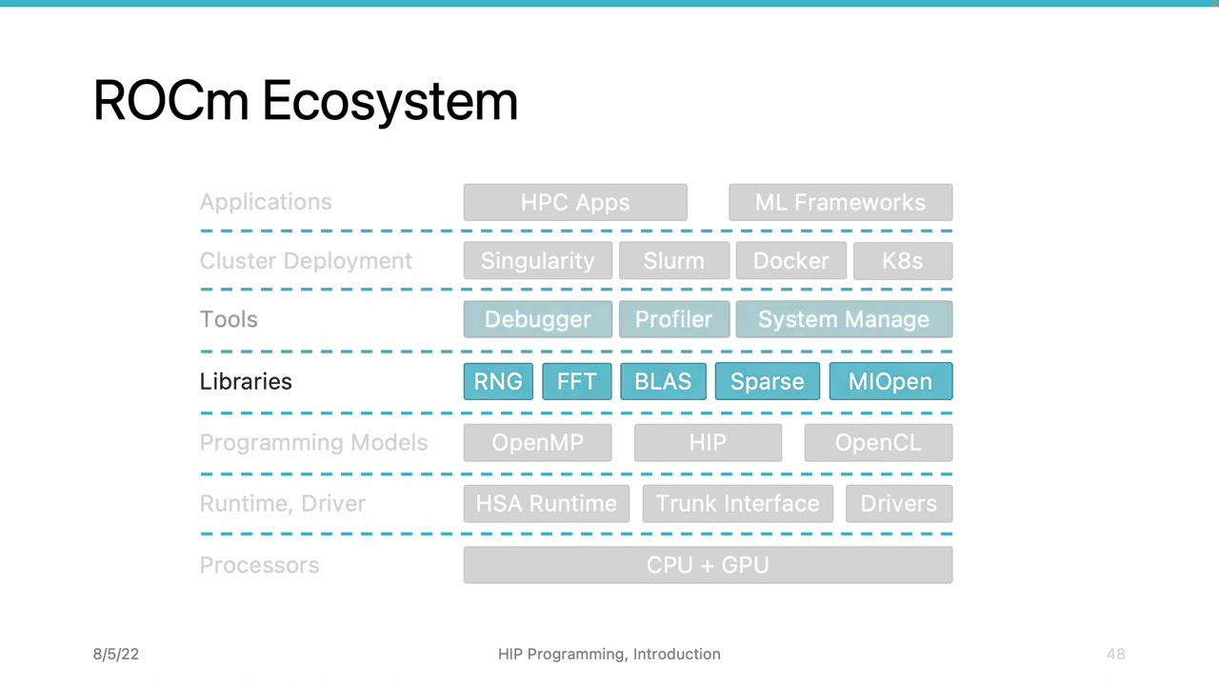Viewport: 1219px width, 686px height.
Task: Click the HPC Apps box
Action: pyautogui.click(x=575, y=202)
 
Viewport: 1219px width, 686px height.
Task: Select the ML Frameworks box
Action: pyautogui.click(x=840, y=202)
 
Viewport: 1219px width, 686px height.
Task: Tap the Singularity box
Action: pyautogui.click(x=537, y=261)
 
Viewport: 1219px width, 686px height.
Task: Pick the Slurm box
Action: pyautogui.click(x=673, y=261)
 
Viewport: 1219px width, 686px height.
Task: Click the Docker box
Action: pyautogui.click(x=790, y=261)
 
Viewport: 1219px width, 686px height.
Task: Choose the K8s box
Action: pyautogui.click(x=902, y=261)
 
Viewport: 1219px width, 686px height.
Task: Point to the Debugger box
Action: pyautogui.click(x=537, y=319)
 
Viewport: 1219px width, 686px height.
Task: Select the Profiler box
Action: pyautogui.click(x=673, y=319)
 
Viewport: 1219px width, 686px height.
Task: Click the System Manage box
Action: pyautogui.click(x=843, y=319)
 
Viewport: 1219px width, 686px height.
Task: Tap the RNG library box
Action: pyautogui.click(x=498, y=381)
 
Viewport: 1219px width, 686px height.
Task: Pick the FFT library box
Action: pyautogui.click(x=576, y=381)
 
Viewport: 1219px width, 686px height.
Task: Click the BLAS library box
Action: pyautogui.click(x=663, y=381)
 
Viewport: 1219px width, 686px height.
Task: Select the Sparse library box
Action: pyautogui.click(x=767, y=381)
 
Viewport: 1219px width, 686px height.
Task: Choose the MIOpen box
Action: pyautogui.click(x=889, y=381)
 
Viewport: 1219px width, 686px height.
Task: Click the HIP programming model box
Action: pyautogui.click(x=708, y=443)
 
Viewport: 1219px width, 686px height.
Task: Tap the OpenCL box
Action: pyautogui.click(x=877, y=443)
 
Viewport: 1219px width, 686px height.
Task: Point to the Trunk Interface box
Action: pyautogui.click(x=737, y=504)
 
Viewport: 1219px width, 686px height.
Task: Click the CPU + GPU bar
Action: pyautogui.click(x=708, y=565)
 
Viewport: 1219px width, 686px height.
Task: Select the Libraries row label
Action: pyautogui.click(x=246, y=381)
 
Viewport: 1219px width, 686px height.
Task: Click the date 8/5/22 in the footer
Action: pyautogui.click(x=116, y=654)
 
